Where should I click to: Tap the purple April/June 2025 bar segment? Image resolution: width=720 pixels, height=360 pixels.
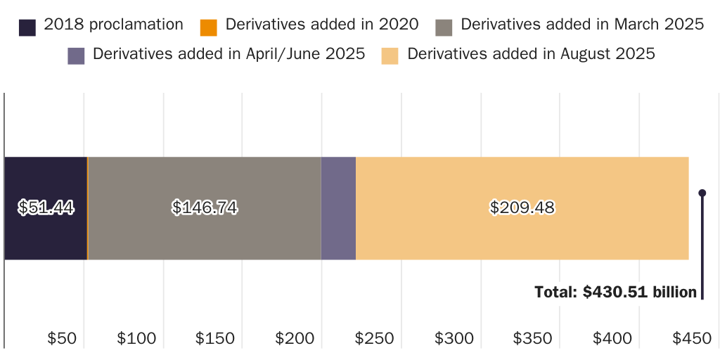[338, 208]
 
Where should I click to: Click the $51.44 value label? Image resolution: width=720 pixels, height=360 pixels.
[46, 207]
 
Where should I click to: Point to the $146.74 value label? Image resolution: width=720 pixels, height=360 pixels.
[204, 207]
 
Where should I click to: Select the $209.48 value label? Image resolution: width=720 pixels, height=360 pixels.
[522, 207]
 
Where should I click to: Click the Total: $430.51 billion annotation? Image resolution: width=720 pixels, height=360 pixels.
[615, 292]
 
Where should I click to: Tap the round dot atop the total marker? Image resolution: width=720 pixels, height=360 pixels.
[702, 193]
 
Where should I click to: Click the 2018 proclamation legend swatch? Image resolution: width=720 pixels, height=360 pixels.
[27, 27]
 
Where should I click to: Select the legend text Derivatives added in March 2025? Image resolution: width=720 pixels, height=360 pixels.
[582, 25]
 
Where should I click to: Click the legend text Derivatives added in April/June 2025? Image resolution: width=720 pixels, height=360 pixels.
[229, 54]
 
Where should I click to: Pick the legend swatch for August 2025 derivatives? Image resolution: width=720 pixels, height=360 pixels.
[390, 56]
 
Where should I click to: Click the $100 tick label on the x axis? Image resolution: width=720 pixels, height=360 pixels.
[136, 338]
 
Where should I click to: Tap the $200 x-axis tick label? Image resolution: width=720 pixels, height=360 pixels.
[295, 338]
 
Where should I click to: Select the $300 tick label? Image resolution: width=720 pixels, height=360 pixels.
[454, 338]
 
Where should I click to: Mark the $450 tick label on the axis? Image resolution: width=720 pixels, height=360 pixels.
[692, 338]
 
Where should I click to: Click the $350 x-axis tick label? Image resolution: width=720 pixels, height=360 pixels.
[533, 338]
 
